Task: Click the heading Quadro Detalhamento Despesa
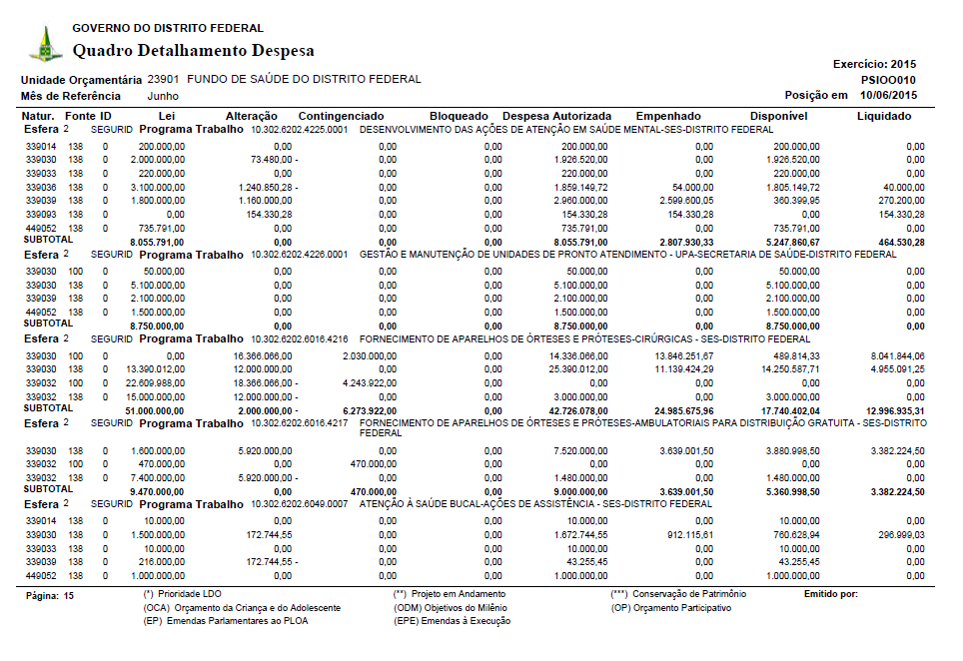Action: pyautogui.click(x=194, y=51)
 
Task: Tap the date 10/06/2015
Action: pyautogui.click(x=888, y=96)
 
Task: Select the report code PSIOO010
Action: pyautogui.click(x=888, y=80)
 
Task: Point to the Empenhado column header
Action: pyautogui.click(x=668, y=117)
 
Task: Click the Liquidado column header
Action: pyautogui.click(x=884, y=117)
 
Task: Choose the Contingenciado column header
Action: pyautogui.click(x=341, y=117)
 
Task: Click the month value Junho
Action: pyautogui.click(x=163, y=96)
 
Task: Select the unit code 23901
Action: pyautogui.click(x=163, y=79)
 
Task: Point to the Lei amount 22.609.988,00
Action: pyautogui.click(x=157, y=382)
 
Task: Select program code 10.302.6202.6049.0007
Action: pyautogui.click(x=299, y=505)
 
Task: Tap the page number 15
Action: pyautogui.click(x=69, y=595)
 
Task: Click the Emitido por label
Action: pyautogui.click(x=830, y=594)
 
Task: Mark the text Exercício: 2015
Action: pyautogui.click(x=874, y=64)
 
